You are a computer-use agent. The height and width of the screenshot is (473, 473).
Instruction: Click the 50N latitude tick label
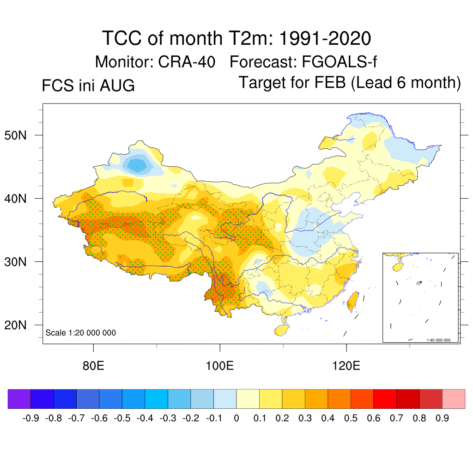(x=15, y=135)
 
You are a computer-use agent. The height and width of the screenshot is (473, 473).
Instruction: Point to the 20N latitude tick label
(x=15, y=325)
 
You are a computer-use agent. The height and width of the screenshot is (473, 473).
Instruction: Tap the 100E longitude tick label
(x=219, y=366)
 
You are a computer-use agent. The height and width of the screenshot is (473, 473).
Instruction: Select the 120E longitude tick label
(x=346, y=366)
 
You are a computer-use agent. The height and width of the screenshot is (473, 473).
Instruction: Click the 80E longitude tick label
(x=93, y=366)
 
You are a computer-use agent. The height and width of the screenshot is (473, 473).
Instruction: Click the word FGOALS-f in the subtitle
(x=339, y=62)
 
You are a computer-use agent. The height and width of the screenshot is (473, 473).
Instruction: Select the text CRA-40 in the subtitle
(x=187, y=62)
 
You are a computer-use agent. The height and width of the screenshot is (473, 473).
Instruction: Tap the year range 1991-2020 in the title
(x=325, y=38)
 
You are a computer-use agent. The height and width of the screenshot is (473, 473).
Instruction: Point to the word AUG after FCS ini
(x=117, y=85)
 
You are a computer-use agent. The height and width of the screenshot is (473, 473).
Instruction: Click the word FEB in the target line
(x=330, y=82)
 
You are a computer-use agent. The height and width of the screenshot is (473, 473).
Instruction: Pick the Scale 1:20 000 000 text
(x=80, y=333)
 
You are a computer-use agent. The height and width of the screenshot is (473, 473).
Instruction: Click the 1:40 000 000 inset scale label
(x=438, y=340)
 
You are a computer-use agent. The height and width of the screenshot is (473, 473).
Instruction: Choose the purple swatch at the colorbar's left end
(x=19, y=399)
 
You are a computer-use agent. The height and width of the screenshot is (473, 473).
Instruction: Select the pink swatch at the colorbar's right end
(x=454, y=399)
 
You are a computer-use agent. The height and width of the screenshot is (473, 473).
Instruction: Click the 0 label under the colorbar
(x=236, y=418)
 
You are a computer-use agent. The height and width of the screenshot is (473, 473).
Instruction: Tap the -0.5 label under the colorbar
(x=122, y=418)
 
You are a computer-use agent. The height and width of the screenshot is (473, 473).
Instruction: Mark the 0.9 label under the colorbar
(x=442, y=418)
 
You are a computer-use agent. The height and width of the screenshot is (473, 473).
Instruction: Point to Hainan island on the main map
(x=281, y=330)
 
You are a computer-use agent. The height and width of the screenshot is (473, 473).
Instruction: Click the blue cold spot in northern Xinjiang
(x=138, y=166)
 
